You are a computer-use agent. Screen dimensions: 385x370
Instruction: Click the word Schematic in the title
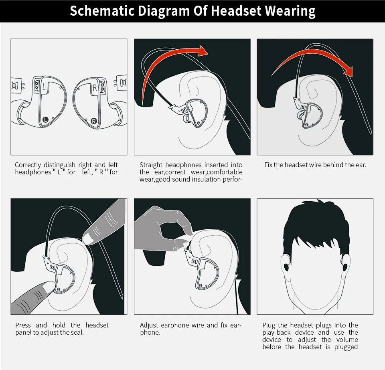pyautogui.click(x=102, y=11)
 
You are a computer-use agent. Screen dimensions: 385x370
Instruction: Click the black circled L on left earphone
pyautogui.click(x=45, y=119)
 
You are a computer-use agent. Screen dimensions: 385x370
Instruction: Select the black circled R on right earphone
pyautogui.click(x=94, y=121)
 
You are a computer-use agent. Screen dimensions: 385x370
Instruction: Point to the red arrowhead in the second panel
pyautogui.click(x=203, y=51)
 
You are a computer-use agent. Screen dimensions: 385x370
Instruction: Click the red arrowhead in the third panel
pyautogui.click(x=348, y=71)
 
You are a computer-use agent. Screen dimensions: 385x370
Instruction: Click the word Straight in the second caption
pyautogui.click(x=151, y=165)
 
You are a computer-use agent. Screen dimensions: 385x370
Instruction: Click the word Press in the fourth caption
pyautogui.click(x=23, y=325)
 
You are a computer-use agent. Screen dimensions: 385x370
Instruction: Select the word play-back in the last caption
pyautogui.click(x=276, y=332)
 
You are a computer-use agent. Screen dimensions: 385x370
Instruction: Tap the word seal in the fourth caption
pyautogui.click(x=78, y=332)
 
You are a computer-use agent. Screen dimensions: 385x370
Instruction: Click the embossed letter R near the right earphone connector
pyautogui.click(x=95, y=88)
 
